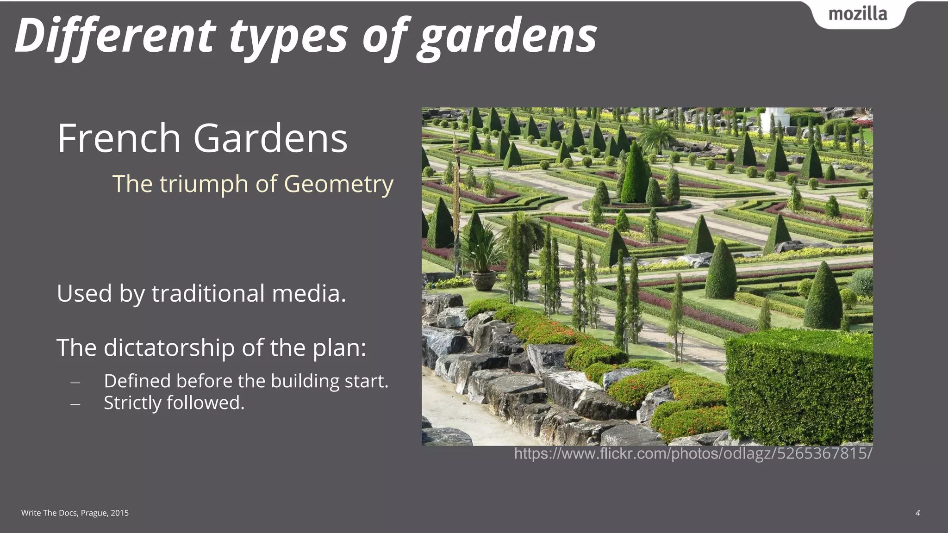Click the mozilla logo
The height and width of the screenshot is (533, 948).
point(858,14)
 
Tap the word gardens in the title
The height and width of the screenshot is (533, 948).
point(507,37)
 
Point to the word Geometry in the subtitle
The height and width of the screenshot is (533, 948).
point(338,184)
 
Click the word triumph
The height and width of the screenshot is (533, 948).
point(203,184)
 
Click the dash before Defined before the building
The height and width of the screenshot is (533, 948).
point(75,383)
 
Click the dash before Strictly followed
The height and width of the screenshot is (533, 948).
point(75,404)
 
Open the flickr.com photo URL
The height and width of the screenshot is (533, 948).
point(693,453)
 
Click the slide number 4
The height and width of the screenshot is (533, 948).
point(917,513)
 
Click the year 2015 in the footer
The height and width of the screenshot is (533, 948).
point(120,513)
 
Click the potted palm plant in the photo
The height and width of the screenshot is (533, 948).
point(483,259)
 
